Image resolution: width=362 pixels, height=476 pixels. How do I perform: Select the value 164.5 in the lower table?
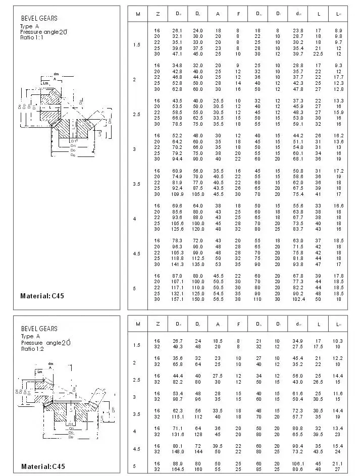(177, 468)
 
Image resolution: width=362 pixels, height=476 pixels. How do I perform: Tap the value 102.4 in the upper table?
(298, 298)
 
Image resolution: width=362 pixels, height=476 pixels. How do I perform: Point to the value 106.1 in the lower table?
(298, 463)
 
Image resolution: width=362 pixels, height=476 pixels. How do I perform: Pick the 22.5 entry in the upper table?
(318, 54)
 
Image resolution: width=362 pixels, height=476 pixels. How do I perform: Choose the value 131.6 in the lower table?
(177, 434)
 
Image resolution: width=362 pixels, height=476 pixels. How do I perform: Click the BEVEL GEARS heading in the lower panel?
(39, 329)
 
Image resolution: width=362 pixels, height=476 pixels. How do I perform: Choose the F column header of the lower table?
(238, 324)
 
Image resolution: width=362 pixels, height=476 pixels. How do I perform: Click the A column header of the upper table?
(218, 13)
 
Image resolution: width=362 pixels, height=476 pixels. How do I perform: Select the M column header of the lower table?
(137, 324)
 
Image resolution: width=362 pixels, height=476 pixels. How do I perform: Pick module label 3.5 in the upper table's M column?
(136, 184)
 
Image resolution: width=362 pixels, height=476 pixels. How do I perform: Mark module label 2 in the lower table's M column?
(134, 363)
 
